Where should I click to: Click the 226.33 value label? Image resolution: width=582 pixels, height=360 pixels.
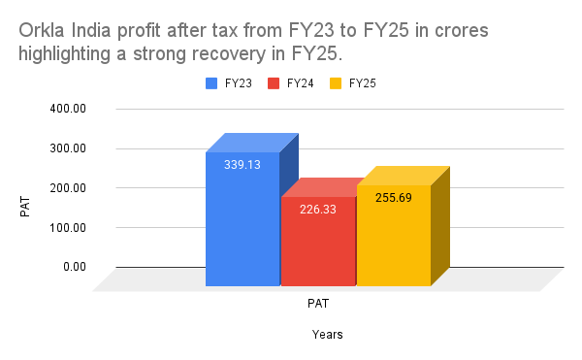318,209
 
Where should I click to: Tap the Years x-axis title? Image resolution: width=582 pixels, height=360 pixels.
328,335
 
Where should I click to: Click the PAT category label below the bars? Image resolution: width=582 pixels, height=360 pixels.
318,303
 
